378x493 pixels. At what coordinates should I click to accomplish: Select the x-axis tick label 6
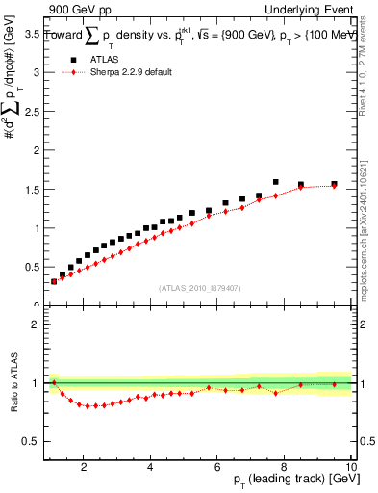pyautogui.click(x=217, y=467)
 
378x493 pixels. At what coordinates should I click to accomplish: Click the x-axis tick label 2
pyautogui.click(x=85, y=467)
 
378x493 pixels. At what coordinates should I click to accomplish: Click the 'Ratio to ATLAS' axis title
pyautogui.click(x=13, y=383)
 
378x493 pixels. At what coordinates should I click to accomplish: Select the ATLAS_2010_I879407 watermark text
pyautogui.click(x=199, y=286)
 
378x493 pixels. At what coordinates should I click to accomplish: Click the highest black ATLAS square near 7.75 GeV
pyautogui.click(x=275, y=181)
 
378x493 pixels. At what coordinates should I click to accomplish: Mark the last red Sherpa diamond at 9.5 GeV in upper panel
pyautogui.click(x=334, y=186)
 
